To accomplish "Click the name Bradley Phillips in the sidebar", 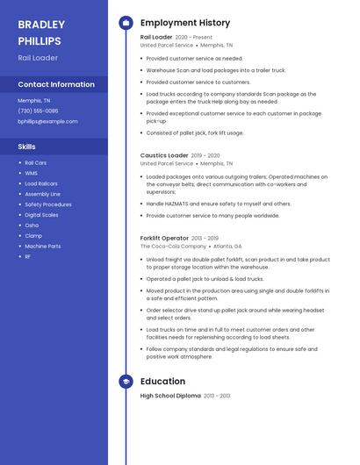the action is pos(40,32).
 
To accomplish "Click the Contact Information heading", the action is pos(56,85).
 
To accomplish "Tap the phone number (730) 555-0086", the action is pos(38,111).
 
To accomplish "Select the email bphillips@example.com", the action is pos(47,121).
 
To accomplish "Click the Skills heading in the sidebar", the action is pos(27,147).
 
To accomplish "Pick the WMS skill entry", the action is pos(31,173).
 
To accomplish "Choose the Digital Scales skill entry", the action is pos(41,215).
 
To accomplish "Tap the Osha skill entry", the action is pos(32,225).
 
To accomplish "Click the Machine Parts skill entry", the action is pos(42,247).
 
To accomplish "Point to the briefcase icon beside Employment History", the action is pos(126,23).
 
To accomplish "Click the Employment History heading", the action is pos(185,23).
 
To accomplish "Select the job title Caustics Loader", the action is pos(164,155).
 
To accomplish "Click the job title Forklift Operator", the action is pos(164,238).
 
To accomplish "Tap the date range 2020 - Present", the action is pos(194,38).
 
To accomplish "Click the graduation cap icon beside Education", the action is pos(126,382).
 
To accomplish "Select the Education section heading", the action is pos(162,382).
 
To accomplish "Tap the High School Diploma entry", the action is pos(170,397).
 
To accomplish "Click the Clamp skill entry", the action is pos(32,236).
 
